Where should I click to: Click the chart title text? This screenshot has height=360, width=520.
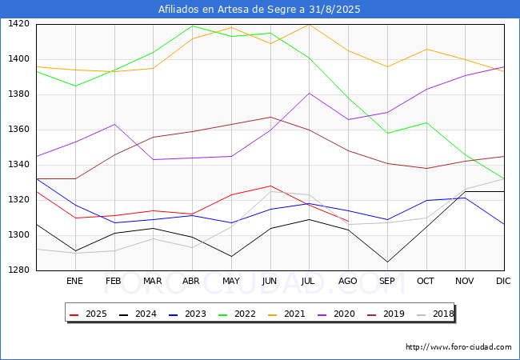point(260,10)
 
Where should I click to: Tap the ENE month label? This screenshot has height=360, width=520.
point(74,282)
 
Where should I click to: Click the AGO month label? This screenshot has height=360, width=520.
point(348,282)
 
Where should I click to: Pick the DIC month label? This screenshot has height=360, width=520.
point(504,282)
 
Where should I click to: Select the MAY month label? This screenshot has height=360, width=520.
point(231,282)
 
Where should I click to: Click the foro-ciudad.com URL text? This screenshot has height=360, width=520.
point(458,347)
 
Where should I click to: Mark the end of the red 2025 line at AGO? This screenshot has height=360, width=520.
point(348,222)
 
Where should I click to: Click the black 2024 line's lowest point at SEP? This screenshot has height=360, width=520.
point(387,262)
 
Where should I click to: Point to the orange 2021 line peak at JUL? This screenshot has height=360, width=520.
point(309,24)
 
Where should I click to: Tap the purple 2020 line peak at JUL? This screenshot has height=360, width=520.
point(309,93)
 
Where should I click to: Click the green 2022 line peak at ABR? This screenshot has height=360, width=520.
point(192,26)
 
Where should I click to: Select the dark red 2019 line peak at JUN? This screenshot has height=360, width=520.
point(270,118)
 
